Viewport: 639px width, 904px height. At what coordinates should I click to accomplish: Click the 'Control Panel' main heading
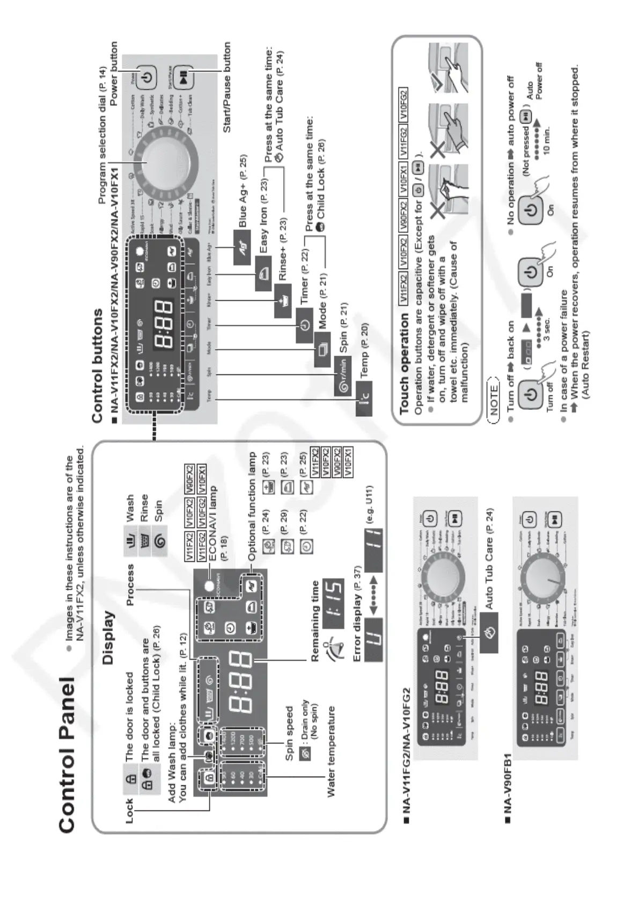(x=68, y=754)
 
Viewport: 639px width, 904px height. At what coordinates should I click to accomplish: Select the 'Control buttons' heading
(x=97, y=365)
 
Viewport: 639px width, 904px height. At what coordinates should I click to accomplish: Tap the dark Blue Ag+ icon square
(x=243, y=247)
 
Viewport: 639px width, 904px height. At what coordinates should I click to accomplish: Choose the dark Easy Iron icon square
(x=263, y=273)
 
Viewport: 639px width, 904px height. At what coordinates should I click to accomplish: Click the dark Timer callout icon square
(x=304, y=326)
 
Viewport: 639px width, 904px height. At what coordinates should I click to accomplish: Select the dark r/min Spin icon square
(x=343, y=374)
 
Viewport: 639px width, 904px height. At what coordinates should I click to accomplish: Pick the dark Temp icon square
(x=364, y=401)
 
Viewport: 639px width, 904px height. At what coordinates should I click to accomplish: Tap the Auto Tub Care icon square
(x=489, y=633)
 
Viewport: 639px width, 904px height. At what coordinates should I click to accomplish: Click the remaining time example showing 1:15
(x=333, y=596)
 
